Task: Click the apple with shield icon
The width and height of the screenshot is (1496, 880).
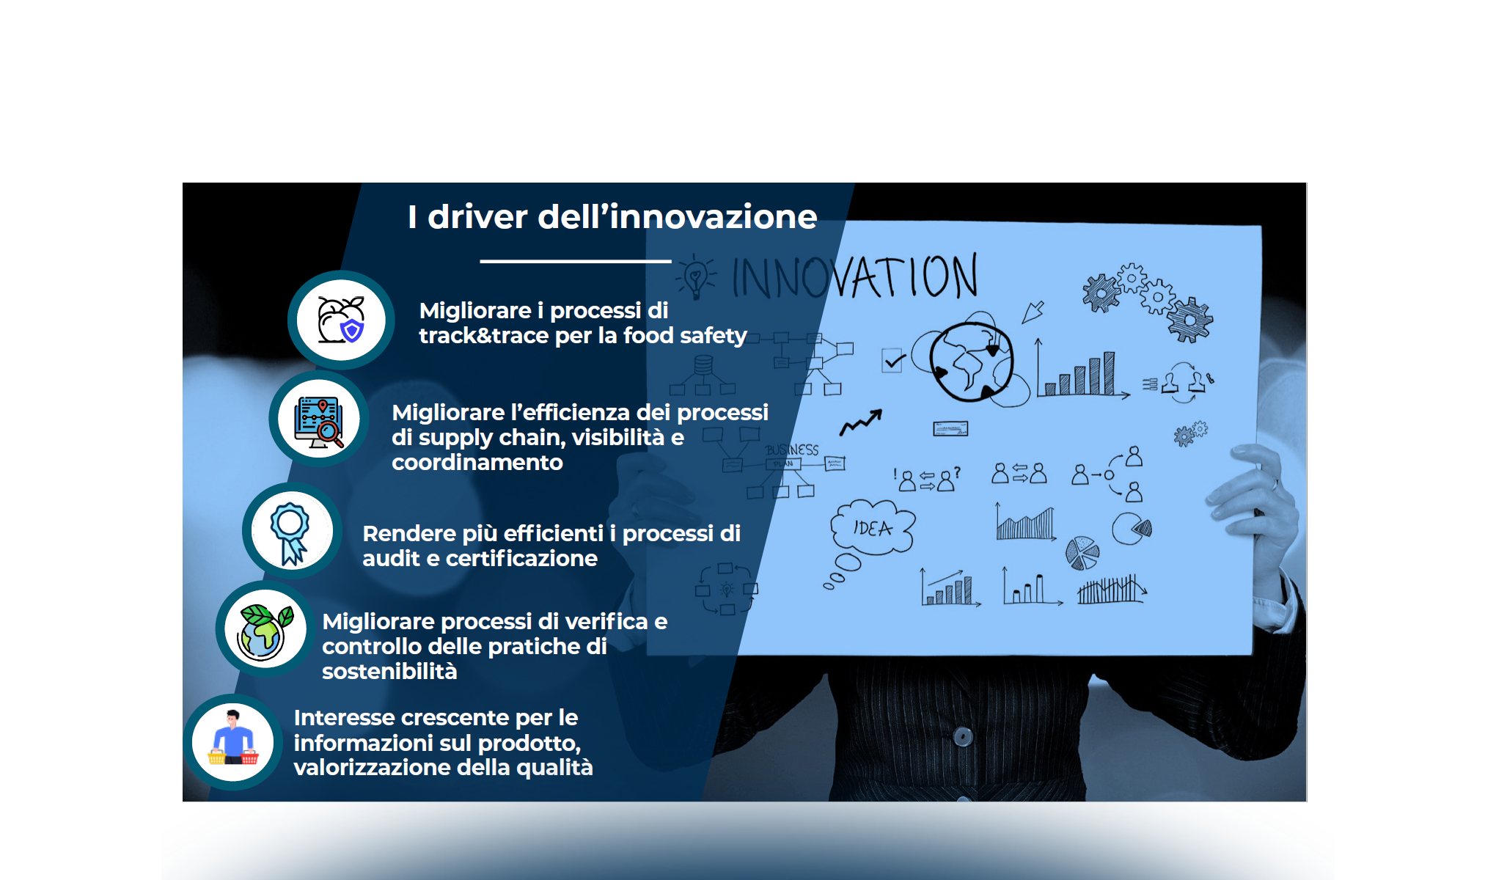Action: pos(341,320)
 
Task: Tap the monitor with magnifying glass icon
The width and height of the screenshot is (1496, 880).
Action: pos(319,420)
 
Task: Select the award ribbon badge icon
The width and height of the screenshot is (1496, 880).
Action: pos(291,532)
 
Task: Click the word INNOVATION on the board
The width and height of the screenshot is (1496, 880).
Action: pos(854,277)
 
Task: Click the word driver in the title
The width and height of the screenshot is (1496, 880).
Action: pos(477,217)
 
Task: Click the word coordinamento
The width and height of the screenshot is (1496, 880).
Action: pos(477,463)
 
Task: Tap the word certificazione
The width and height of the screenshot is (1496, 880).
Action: pos(521,559)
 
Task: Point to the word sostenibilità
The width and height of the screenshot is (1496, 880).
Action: pos(389,672)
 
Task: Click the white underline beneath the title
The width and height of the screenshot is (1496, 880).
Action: pos(576,261)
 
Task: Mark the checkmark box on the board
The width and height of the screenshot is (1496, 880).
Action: pos(892,361)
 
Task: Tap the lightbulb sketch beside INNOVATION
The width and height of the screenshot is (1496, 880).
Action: pos(694,278)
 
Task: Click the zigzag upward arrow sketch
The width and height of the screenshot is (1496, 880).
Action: pos(861,422)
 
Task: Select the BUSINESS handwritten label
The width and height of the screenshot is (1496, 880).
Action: pos(792,450)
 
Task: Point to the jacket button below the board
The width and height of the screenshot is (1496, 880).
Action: pos(963,736)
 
